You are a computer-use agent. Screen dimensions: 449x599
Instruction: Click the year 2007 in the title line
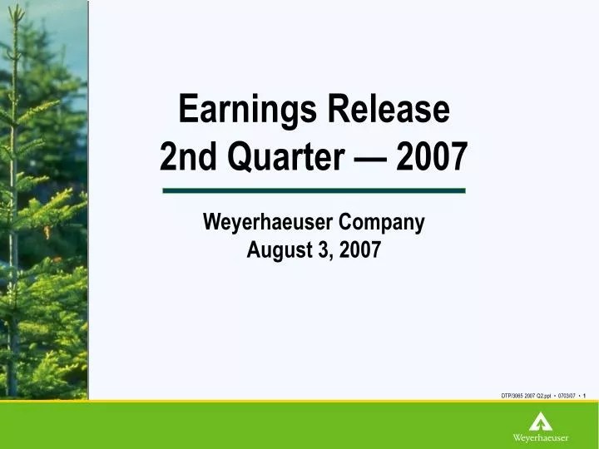tap(433, 155)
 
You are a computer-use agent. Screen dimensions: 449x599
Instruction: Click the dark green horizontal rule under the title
tap(314, 190)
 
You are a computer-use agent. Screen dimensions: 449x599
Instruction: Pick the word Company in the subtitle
tap(384, 222)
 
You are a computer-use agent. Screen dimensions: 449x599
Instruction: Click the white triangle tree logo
tap(541, 422)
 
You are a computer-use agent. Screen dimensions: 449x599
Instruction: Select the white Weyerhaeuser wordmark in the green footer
tap(541, 437)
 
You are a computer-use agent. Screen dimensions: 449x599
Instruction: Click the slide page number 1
tap(586, 395)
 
